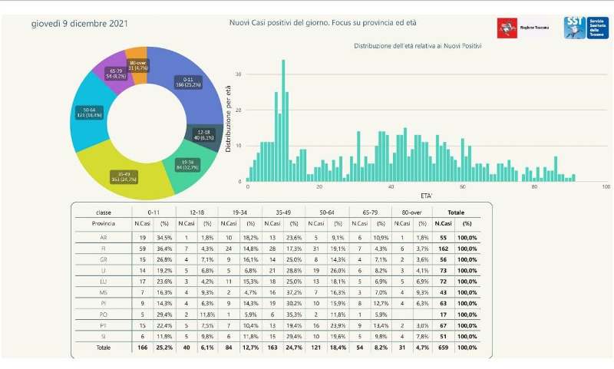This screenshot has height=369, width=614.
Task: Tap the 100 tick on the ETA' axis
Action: coord(606,187)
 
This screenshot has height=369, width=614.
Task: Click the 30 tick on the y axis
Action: coord(239,74)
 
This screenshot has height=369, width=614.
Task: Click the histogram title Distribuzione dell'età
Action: coord(418,47)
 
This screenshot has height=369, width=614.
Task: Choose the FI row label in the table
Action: coord(104,249)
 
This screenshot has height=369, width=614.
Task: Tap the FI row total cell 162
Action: coord(442,249)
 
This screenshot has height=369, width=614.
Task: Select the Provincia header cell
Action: coord(103,224)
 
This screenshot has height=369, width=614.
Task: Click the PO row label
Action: coord(104,313)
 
